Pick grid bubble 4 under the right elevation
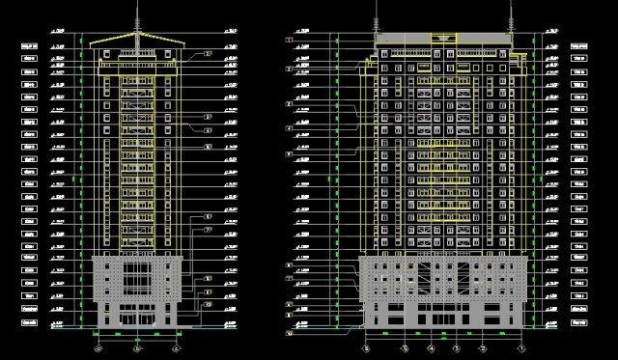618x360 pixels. click(x=431, y=347)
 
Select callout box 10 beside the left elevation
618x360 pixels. click(x=209, y=304)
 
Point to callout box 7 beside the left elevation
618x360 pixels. click(x=209, y=230)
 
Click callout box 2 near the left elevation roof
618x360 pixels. click(x=209, y=54)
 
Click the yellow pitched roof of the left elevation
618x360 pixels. click(x=137, y=41)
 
